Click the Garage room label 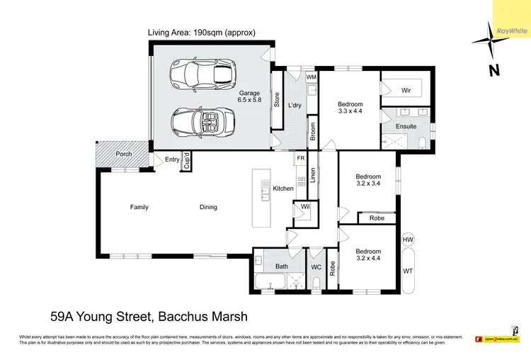(249, 96)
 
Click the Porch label (123, 154)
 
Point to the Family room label (139, 207)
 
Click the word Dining (208, 207)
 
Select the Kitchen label (283, 189)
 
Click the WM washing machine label (312, 76)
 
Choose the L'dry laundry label (295, 105)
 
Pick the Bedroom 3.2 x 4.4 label (368, 255)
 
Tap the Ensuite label (406, 127)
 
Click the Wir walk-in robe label (406, 91)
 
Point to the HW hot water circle (408, 241)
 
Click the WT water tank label (408, 271)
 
